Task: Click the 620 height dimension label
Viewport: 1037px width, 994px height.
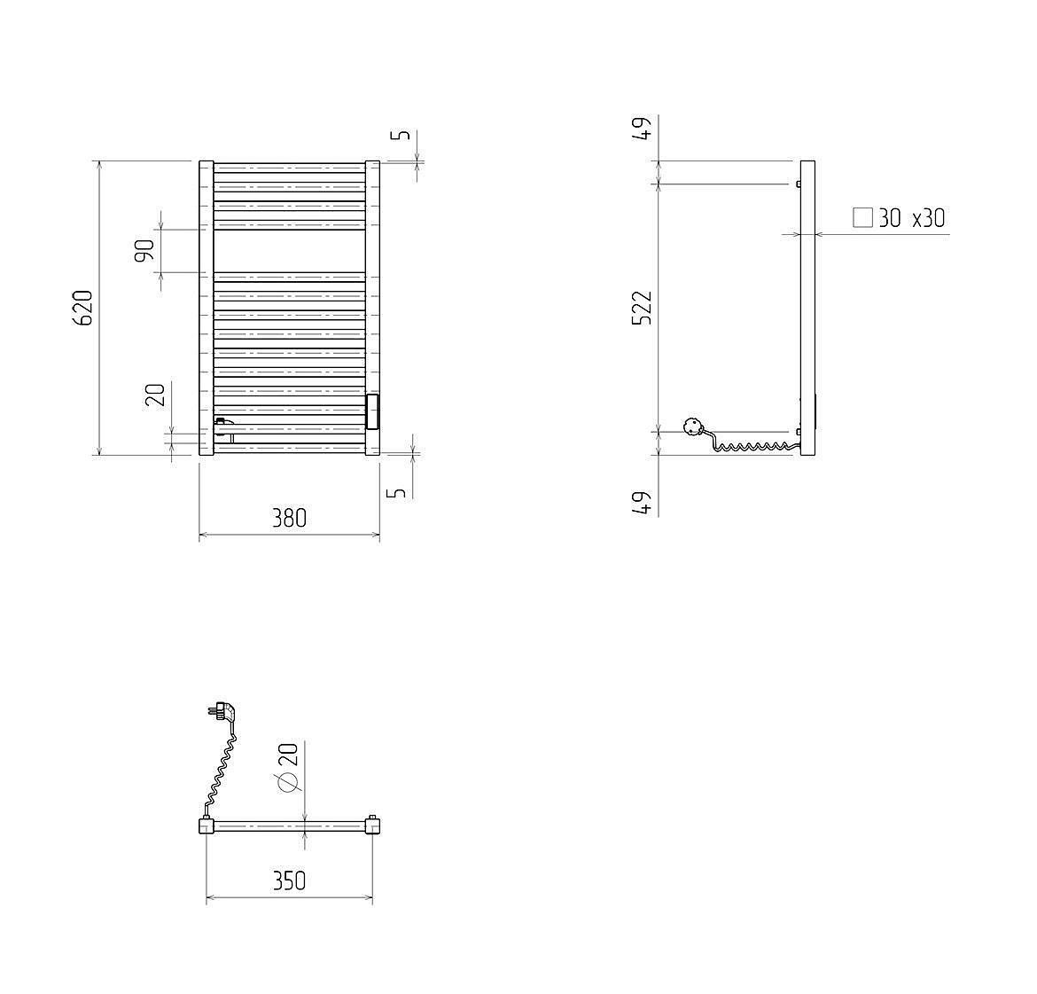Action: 84,309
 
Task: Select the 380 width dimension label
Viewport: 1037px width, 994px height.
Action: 290,518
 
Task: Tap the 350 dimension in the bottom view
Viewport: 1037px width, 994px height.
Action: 290,881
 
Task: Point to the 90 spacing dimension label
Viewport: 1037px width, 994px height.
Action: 144,250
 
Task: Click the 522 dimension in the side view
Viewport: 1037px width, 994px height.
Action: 643,308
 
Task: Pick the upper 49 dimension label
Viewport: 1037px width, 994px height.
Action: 643,127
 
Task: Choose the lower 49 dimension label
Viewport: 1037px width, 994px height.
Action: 643,503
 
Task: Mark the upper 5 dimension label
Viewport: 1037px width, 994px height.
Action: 401,135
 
